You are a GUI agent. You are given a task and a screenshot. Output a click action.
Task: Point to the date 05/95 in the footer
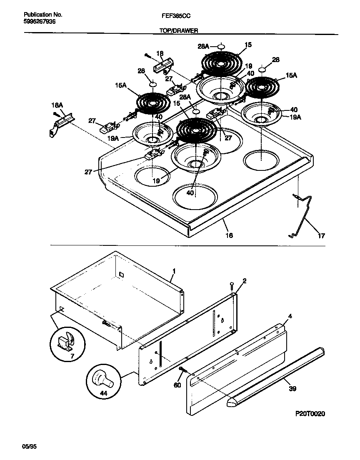29,447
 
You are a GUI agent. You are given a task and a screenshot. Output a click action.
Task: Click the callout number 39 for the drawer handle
292,389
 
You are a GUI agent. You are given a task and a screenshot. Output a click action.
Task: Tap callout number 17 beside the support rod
321,236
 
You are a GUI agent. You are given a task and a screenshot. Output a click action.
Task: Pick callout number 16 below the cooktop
229,235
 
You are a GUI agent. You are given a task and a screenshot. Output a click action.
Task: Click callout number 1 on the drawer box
174,271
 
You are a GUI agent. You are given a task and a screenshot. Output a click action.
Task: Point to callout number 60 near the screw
177,385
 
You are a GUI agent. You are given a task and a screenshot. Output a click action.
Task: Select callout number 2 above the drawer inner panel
245,280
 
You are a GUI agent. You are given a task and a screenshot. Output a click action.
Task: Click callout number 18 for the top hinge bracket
160,53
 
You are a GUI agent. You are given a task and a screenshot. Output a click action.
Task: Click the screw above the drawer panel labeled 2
232,286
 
